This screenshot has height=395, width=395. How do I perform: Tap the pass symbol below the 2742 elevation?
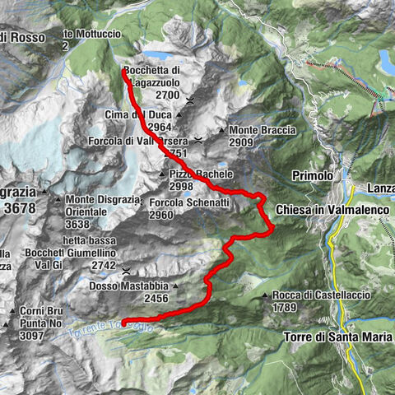[126, 270]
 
